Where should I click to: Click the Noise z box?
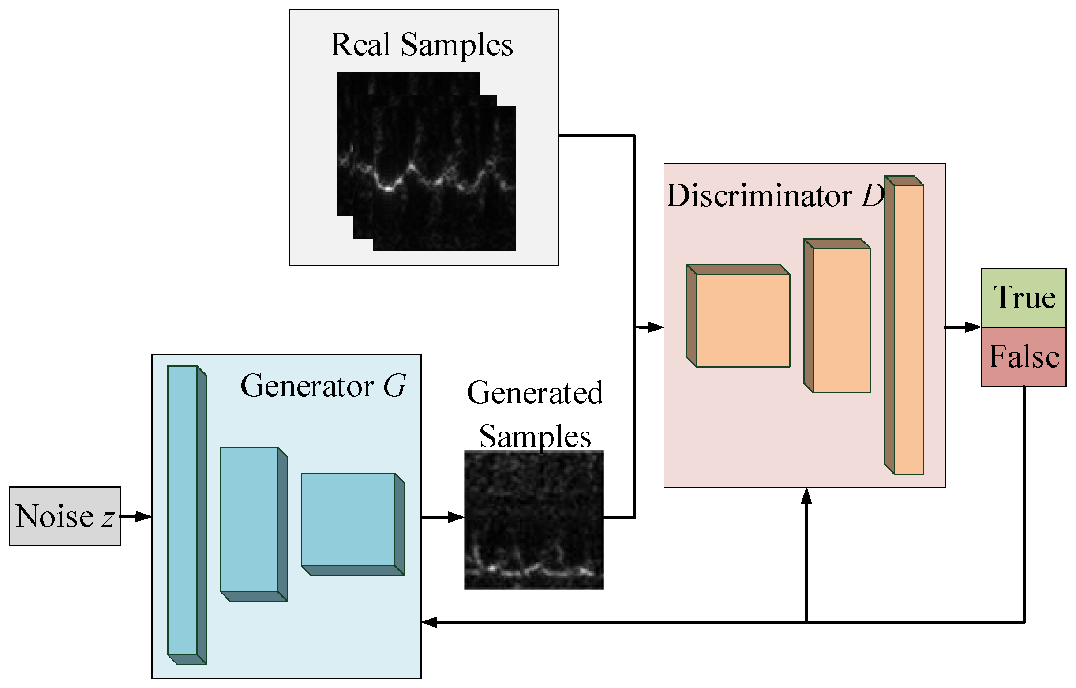[64, 516]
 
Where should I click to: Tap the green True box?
[1023, 298]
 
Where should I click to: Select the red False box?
[1023, 357]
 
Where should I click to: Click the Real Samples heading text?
[421, 45]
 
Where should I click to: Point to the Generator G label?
[323, 386]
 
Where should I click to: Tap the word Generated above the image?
[535, 393]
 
